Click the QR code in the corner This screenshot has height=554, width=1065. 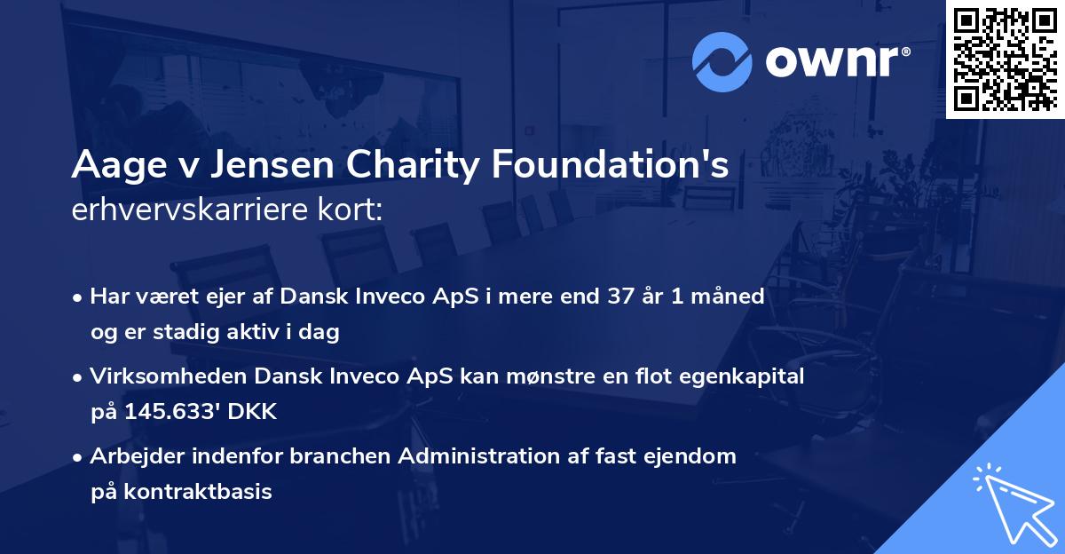coord(1005,59)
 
